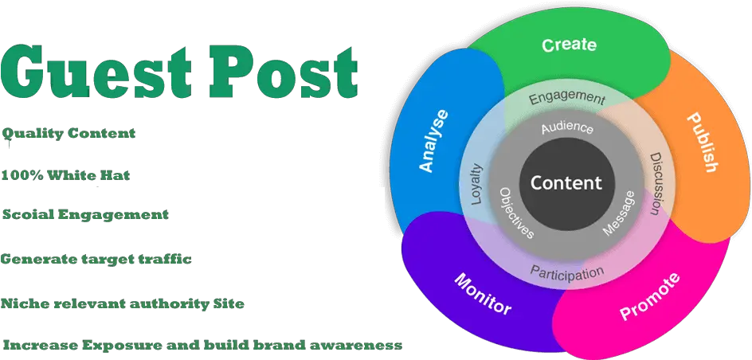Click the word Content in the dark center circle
tap(566, 182)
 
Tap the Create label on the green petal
tap(569, 45)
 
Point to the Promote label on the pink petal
tap(650, 296)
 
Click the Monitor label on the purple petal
tap(483, 293)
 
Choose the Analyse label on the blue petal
tap(434, 141)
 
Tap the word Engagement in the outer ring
tap(567, 98)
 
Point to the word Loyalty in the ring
tap(476, 185)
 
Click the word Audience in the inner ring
tap(567, 127)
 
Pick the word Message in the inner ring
tap(619, 213)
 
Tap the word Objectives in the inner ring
tap(516, 213)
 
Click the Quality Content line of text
tap(69, 134)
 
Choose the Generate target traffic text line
tap(96, 260)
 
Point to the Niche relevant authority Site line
tap(122, 303)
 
